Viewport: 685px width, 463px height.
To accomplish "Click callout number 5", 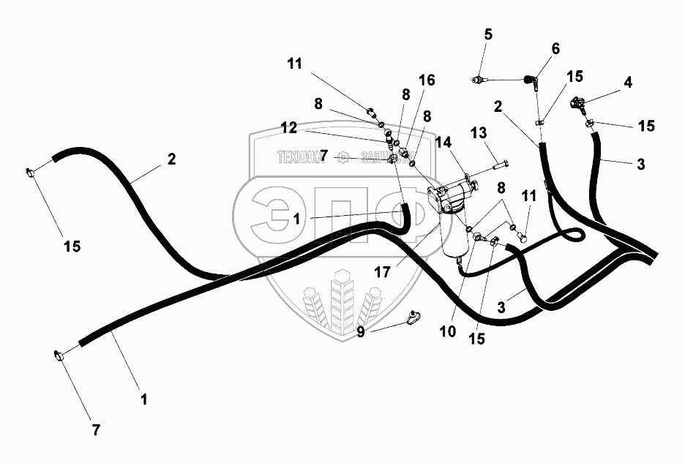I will (488, 34).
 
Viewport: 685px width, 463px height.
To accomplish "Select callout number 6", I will (555, 48).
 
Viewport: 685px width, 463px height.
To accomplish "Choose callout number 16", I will (427, 79).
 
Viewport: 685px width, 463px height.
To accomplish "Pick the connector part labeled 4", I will (580, 106).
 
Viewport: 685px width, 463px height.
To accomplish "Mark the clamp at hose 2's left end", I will (32, 173).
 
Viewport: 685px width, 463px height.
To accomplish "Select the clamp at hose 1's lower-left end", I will (59, 356).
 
